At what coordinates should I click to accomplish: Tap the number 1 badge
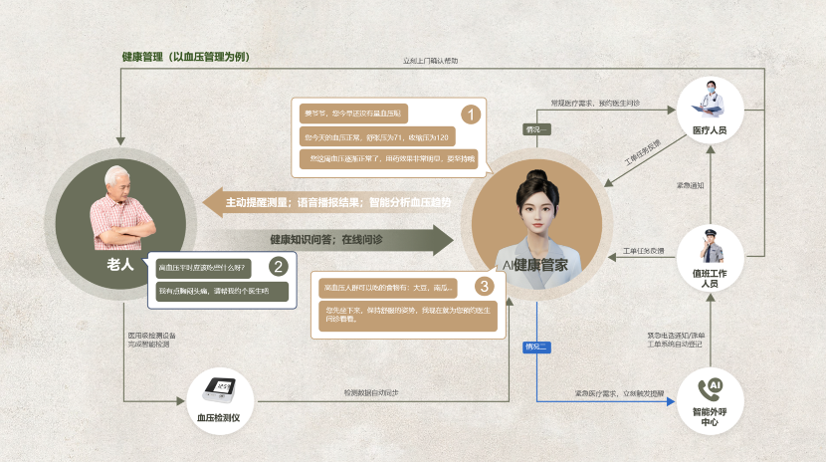[x=471, y=113]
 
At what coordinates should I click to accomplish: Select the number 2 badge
[x=279, y=266]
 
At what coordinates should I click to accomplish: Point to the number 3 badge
[x=485, y=287]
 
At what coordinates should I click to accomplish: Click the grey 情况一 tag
[x=536, y=129]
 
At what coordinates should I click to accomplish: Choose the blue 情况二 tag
[x=536, y=346]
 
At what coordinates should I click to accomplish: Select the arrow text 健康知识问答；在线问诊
[x=325, y=239]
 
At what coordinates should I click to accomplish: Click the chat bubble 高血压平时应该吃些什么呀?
[x=202, y=268]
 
